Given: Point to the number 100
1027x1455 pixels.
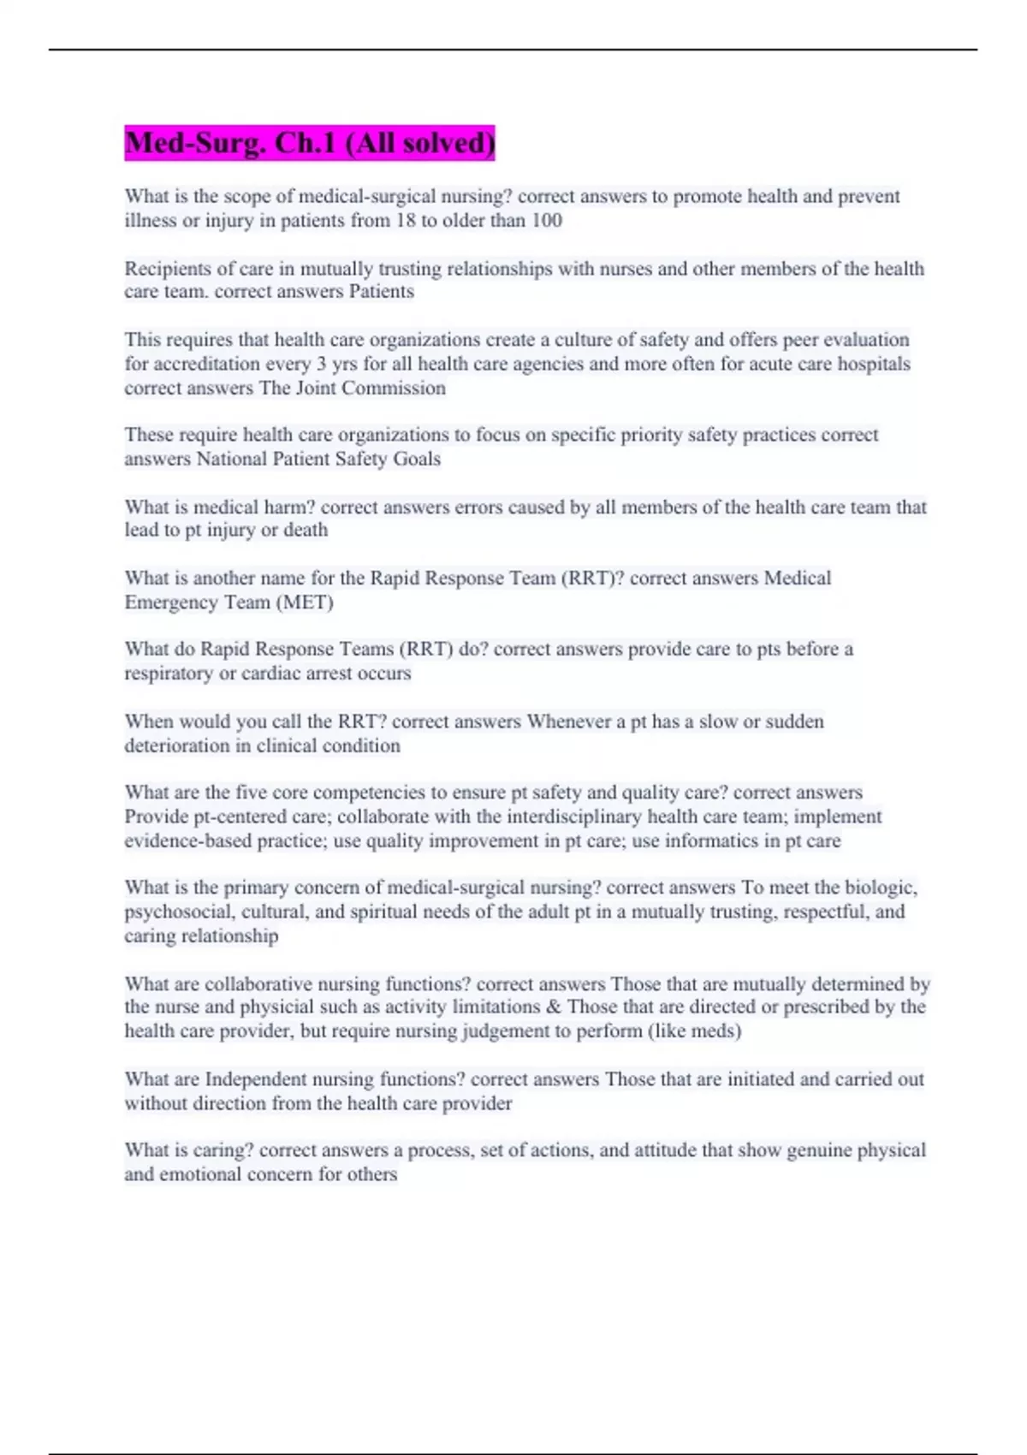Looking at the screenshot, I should coord(546,221).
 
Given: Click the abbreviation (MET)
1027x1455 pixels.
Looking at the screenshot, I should coord(305,603).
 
